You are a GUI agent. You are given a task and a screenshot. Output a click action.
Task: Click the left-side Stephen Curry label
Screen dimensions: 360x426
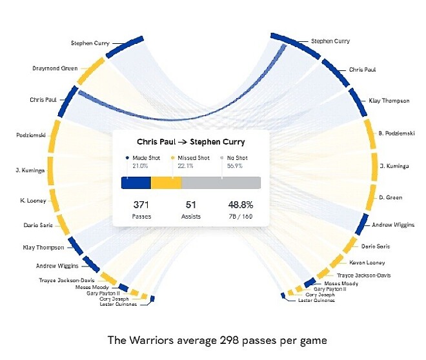coord(89,43)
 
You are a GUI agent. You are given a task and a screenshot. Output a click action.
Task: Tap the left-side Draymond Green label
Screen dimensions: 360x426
coord(55,68)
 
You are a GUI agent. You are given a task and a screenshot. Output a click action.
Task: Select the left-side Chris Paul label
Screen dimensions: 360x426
coord(43,100)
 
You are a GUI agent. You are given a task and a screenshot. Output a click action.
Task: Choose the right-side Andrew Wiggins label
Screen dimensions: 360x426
coord(393,225)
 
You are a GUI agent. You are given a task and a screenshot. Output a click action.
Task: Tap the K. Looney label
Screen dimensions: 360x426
coord(33,201)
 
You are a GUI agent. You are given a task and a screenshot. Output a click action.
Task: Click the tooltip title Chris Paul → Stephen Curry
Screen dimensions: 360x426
coord(191,142)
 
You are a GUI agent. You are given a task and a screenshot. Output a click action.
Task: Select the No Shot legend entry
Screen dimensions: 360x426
coord(236,158)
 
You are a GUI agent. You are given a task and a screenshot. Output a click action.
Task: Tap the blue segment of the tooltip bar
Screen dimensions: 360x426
coord(136,183)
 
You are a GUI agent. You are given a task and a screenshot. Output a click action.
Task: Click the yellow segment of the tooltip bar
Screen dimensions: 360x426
coord(167,183)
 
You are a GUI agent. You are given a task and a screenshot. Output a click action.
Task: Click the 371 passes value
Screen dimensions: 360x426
coord(141,205)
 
